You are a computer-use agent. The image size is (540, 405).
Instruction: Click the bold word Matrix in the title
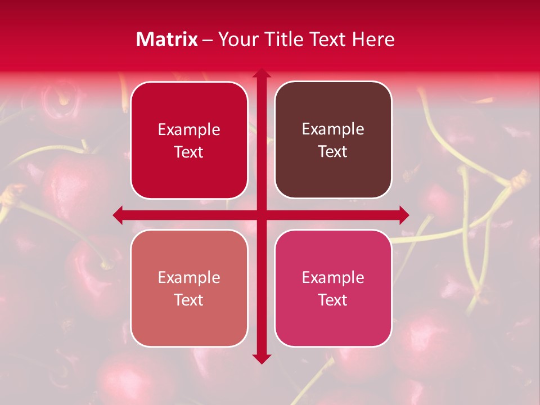[x=167, y=39]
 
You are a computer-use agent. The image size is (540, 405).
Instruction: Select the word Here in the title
[x=373, y=39]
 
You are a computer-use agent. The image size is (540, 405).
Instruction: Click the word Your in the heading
[x=236, y=39]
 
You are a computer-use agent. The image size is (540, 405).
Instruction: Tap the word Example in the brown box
[x=333, y=129]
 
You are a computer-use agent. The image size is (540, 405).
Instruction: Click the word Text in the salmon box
[x=189, y=300]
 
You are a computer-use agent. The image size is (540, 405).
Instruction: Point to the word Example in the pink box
[x=333, y=277]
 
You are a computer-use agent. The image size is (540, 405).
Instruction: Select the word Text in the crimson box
[x=189, y=152]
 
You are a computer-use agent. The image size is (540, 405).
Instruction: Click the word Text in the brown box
[x=333, y=152]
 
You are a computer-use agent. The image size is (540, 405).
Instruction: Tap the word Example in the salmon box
[x=189, y=277]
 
